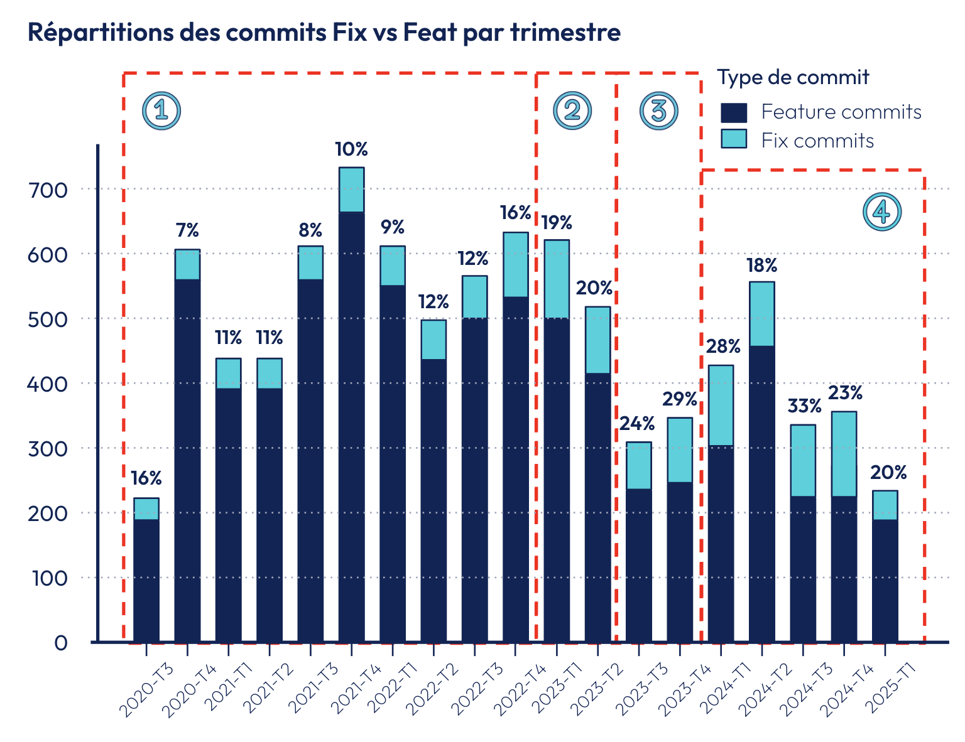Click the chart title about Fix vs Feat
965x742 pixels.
[x=324, y=33]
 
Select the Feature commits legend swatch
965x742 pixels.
[x=734, y=112]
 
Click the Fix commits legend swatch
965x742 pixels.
[x=734, y=139]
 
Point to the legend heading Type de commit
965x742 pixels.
[x=793, y=77]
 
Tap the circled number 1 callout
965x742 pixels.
[x=161, y=110]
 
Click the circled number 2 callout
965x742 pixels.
[x=572, y=110]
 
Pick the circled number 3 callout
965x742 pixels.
[x=658, y=110]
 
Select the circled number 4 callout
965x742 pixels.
[x=882, y=212]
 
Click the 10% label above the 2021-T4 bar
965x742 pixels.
[x=351, y=149]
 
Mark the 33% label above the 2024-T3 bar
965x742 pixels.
[x=804, y=406]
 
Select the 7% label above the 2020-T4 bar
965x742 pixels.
[x=187, y=231]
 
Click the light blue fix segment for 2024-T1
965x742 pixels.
[x=721, y=406]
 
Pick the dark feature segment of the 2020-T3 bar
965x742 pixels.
[x=146, y=580]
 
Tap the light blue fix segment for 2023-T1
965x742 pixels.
[x=557, y=279]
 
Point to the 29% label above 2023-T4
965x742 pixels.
[x=680, y=399]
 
